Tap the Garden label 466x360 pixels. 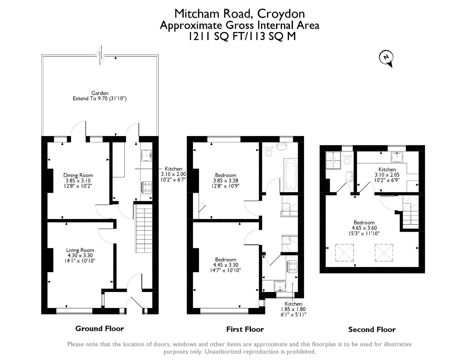coord(100,93)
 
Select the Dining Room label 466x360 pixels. coord(78,175)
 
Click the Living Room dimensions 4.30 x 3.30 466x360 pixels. coord(80,255)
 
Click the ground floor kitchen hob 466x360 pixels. coord(147,187)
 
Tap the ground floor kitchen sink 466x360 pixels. coord(146,155)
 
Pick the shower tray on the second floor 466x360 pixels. coord(333,160)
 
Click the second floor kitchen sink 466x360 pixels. coord(397,157)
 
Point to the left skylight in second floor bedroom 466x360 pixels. coord(344,253)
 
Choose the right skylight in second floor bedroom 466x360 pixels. coord(384,253)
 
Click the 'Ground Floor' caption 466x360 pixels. coord(100,328)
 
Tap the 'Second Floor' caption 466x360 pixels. coord(372,329)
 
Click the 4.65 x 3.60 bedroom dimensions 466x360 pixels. coord(364,228)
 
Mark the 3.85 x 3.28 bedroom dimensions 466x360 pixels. coord(225,181)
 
